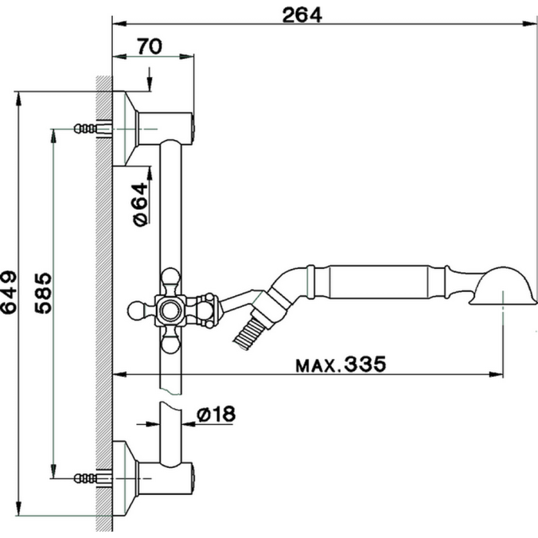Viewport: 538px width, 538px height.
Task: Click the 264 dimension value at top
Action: click(303, 15)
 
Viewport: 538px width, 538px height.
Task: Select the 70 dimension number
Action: click(149, 46)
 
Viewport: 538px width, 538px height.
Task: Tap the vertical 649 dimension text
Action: click(8, 291)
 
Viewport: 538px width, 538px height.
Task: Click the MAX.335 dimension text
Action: click(339, 364)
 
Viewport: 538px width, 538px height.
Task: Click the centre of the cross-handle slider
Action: click(170, 309)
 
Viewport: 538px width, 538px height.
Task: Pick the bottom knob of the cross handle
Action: click(170, 345)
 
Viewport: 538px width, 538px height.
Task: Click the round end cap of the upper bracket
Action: click(191, 127)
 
